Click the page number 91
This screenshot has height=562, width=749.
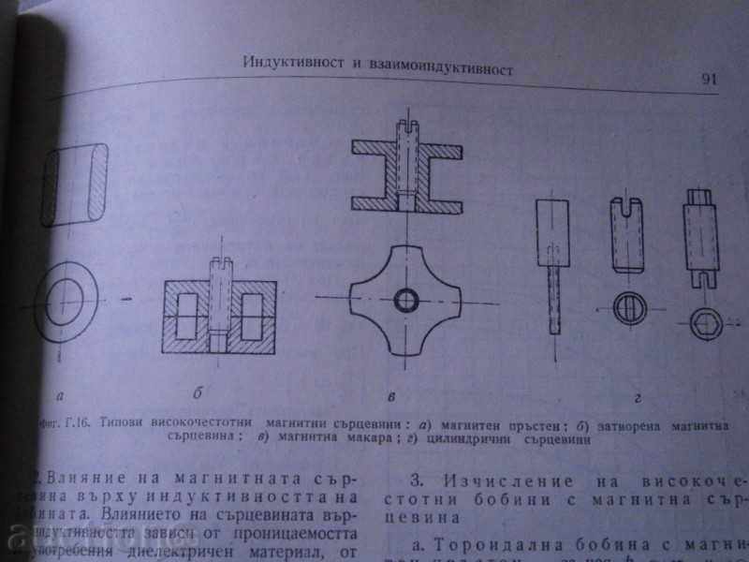pyautogui.click(x=708, y=79)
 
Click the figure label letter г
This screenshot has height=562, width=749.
pyautogui.click(x=636, y=400)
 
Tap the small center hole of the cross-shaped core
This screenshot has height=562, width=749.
pyautogui.click(x=407, y=300)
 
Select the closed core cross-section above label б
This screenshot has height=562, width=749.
pyautogui.click(x=219, y=313)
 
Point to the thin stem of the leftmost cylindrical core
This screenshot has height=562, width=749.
pyautogui.click(x=552, y=297)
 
